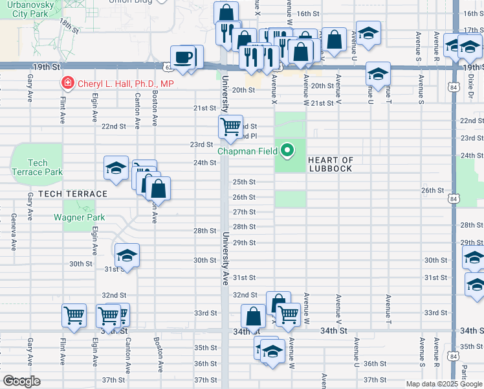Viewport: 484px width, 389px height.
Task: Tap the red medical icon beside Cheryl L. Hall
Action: [x=67, y=83]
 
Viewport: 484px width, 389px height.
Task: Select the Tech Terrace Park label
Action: [x=38, y=167]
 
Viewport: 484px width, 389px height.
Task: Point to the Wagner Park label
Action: [x=79, y=217]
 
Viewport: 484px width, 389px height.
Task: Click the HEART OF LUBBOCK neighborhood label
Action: [x=330, y=164]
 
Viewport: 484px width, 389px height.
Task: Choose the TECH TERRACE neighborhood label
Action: [x=72, y=194]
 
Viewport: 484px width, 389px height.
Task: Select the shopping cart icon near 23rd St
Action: [x=230, y=126]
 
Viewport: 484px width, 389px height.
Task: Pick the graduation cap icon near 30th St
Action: [x=127, y=255]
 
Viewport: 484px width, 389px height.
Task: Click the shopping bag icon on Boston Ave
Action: [x=158, y=189]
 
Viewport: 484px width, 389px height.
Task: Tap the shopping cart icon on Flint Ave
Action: [x=74, y=316]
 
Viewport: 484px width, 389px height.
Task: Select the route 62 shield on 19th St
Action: [x=168, y=66]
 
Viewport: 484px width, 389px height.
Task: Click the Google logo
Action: [x=21, y=381]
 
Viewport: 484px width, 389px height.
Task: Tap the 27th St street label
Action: [x=244, y=212]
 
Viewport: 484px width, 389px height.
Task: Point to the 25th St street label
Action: [x=244, y=182]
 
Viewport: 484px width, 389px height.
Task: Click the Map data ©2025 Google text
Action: [x=443, y=384]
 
